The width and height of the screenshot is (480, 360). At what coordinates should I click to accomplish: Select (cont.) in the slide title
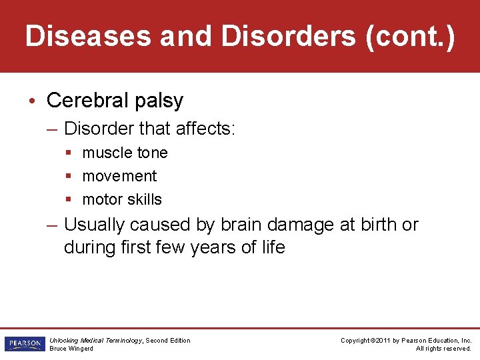coord(410,37)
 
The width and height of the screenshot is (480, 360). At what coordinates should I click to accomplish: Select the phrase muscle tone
coord(125,153)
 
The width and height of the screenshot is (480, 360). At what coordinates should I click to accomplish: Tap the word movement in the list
coord(119,176)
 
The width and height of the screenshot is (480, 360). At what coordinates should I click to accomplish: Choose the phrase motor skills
coord(122,199)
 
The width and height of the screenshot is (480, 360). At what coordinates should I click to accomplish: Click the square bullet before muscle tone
coord(69,153)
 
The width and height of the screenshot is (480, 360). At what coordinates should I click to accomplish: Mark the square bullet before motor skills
coord(69,199)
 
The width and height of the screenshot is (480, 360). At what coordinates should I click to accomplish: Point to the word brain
coord(245,225)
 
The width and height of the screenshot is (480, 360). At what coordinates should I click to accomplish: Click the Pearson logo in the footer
coord(24,344)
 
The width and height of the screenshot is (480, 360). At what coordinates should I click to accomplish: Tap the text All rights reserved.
coord(443,349)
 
